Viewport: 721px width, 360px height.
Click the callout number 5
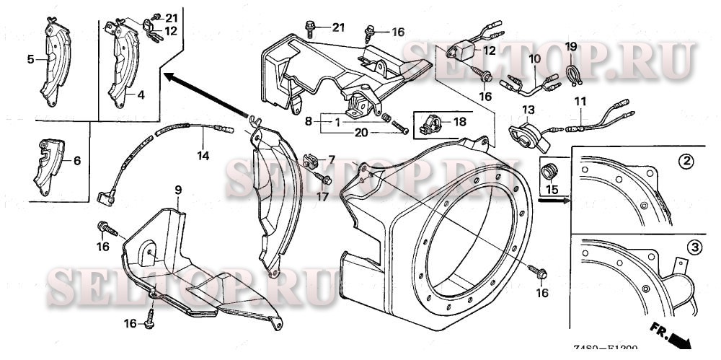31,60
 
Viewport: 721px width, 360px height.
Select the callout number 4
141,94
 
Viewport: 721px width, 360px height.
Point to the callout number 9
177,190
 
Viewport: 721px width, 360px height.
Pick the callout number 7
332,158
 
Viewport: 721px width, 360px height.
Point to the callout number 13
528,109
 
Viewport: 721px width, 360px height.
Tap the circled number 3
694,247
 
